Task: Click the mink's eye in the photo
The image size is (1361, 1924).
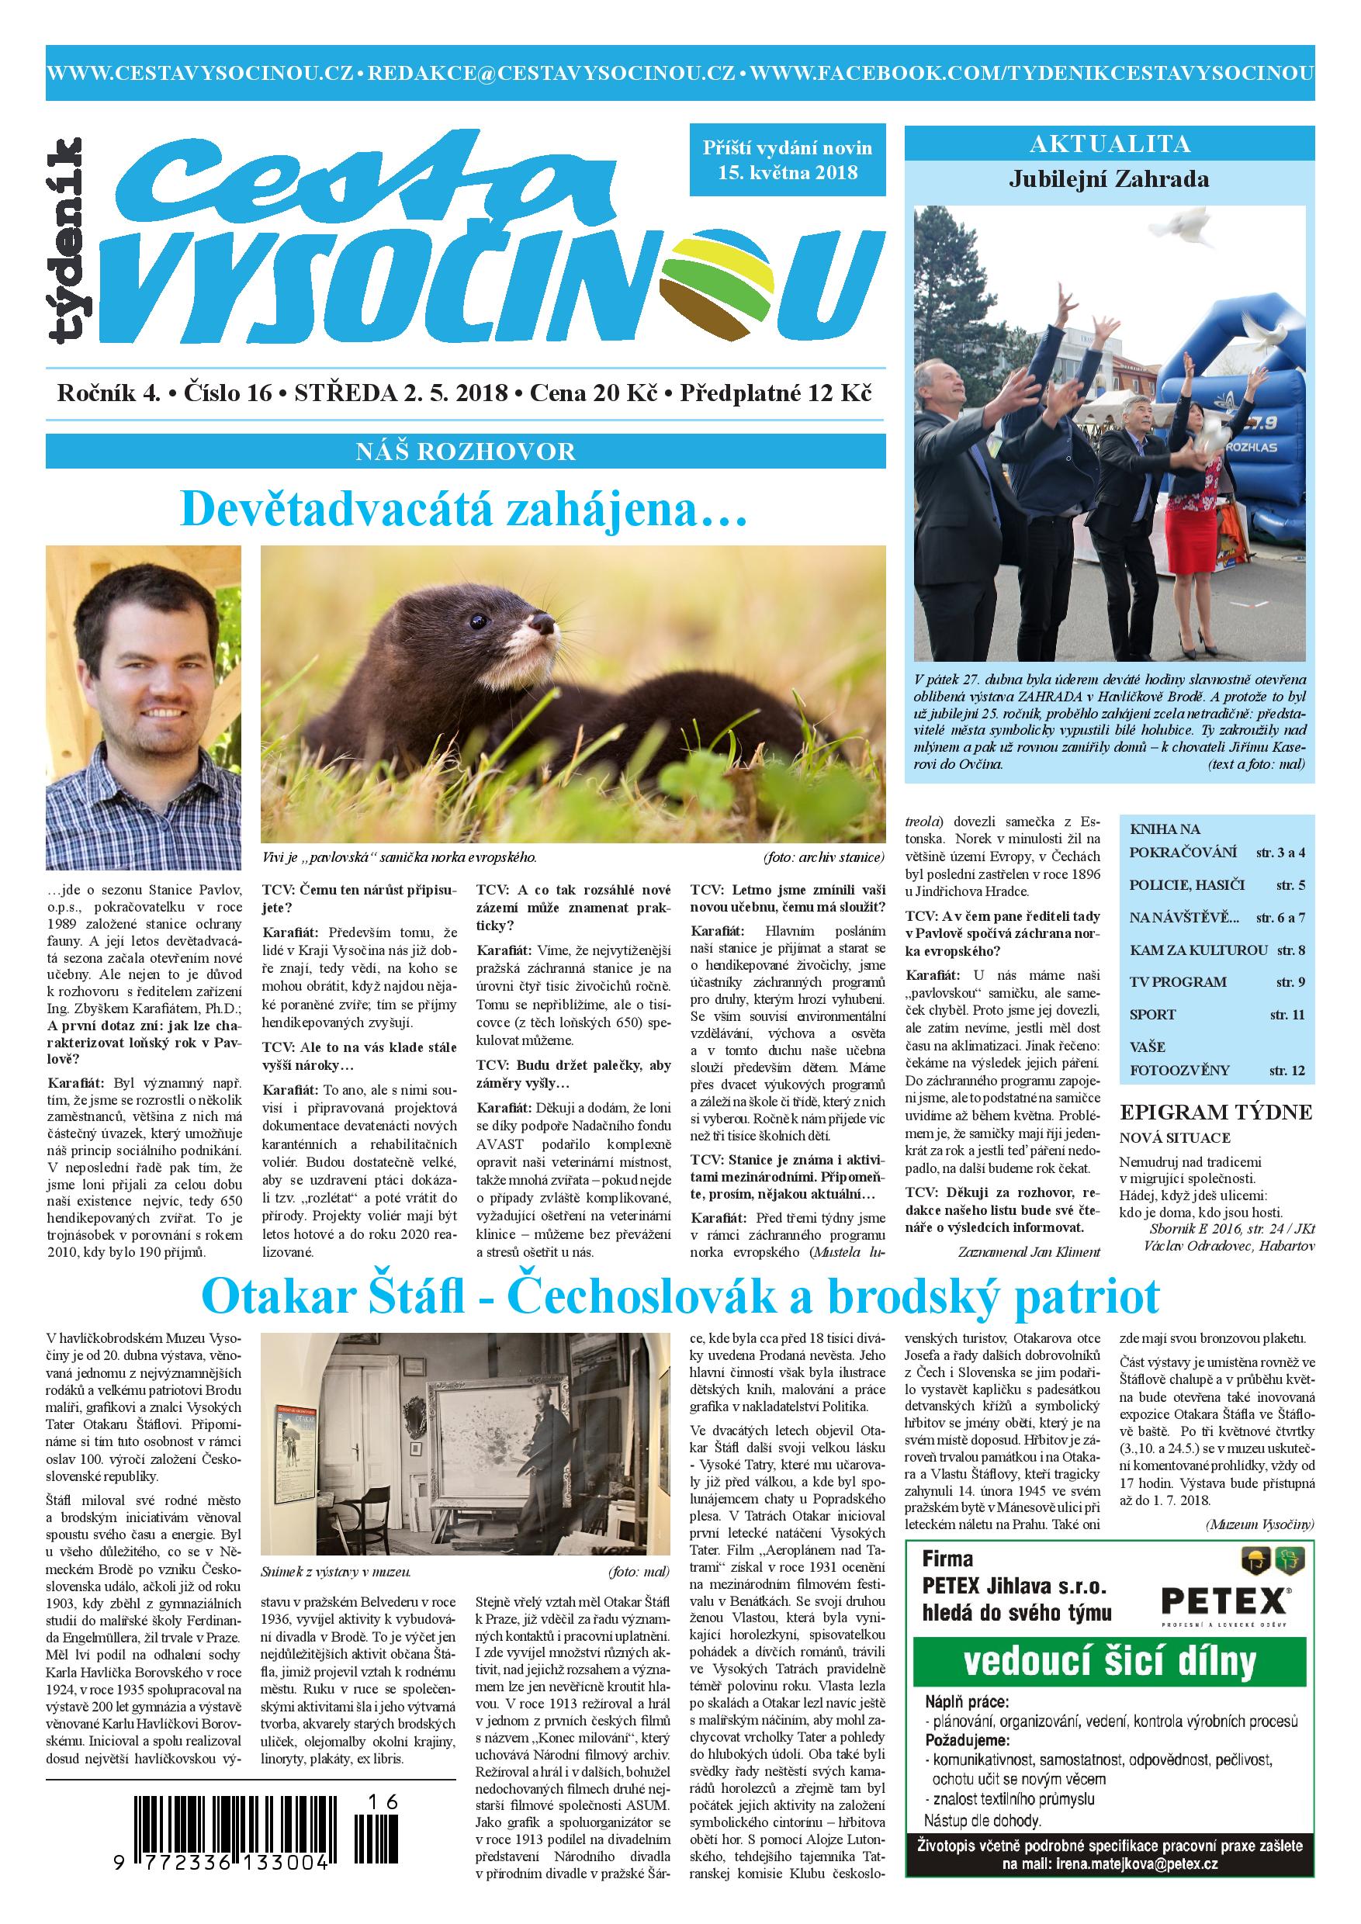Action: (x=480, y=621)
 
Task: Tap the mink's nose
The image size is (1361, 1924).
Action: (x=544, y=625)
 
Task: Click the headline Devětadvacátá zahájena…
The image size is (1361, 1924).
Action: (x=464, y=510)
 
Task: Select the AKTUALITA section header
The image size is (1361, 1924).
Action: (x=1110, y=144)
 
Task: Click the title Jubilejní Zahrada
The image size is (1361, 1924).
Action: (x=1109, y=178)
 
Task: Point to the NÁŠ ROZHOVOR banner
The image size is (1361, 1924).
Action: (x=465, y=452)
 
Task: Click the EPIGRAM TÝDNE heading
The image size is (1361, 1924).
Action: (x=1216, y=1112)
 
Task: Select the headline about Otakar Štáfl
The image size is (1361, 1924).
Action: (x=680, y=1296)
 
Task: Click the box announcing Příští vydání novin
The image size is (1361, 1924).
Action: (x=788, y=159)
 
